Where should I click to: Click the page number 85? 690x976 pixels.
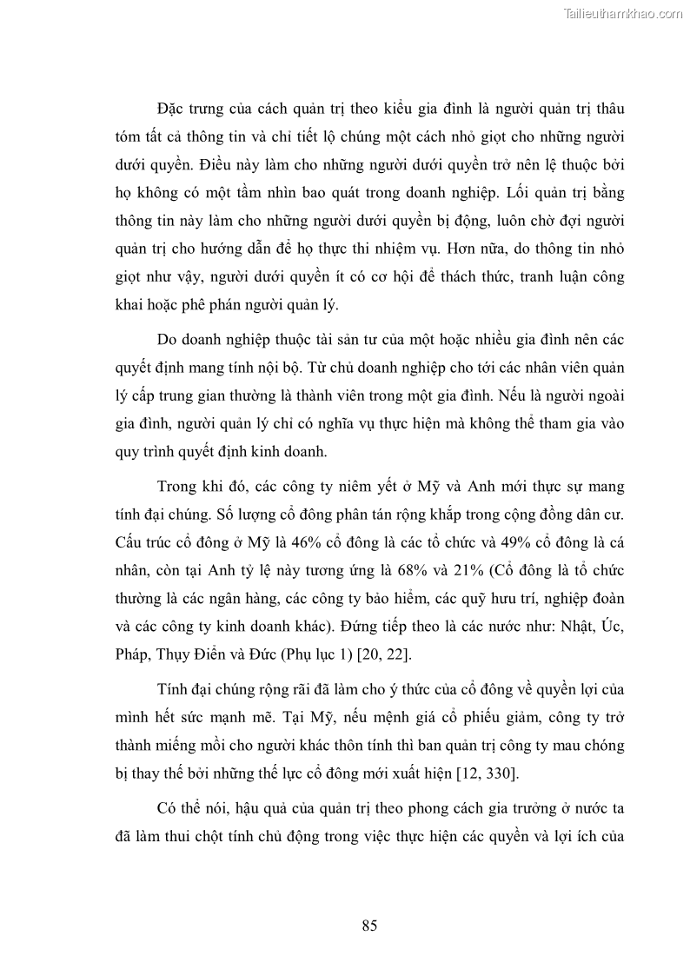369,925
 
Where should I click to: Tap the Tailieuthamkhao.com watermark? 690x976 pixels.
624,13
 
